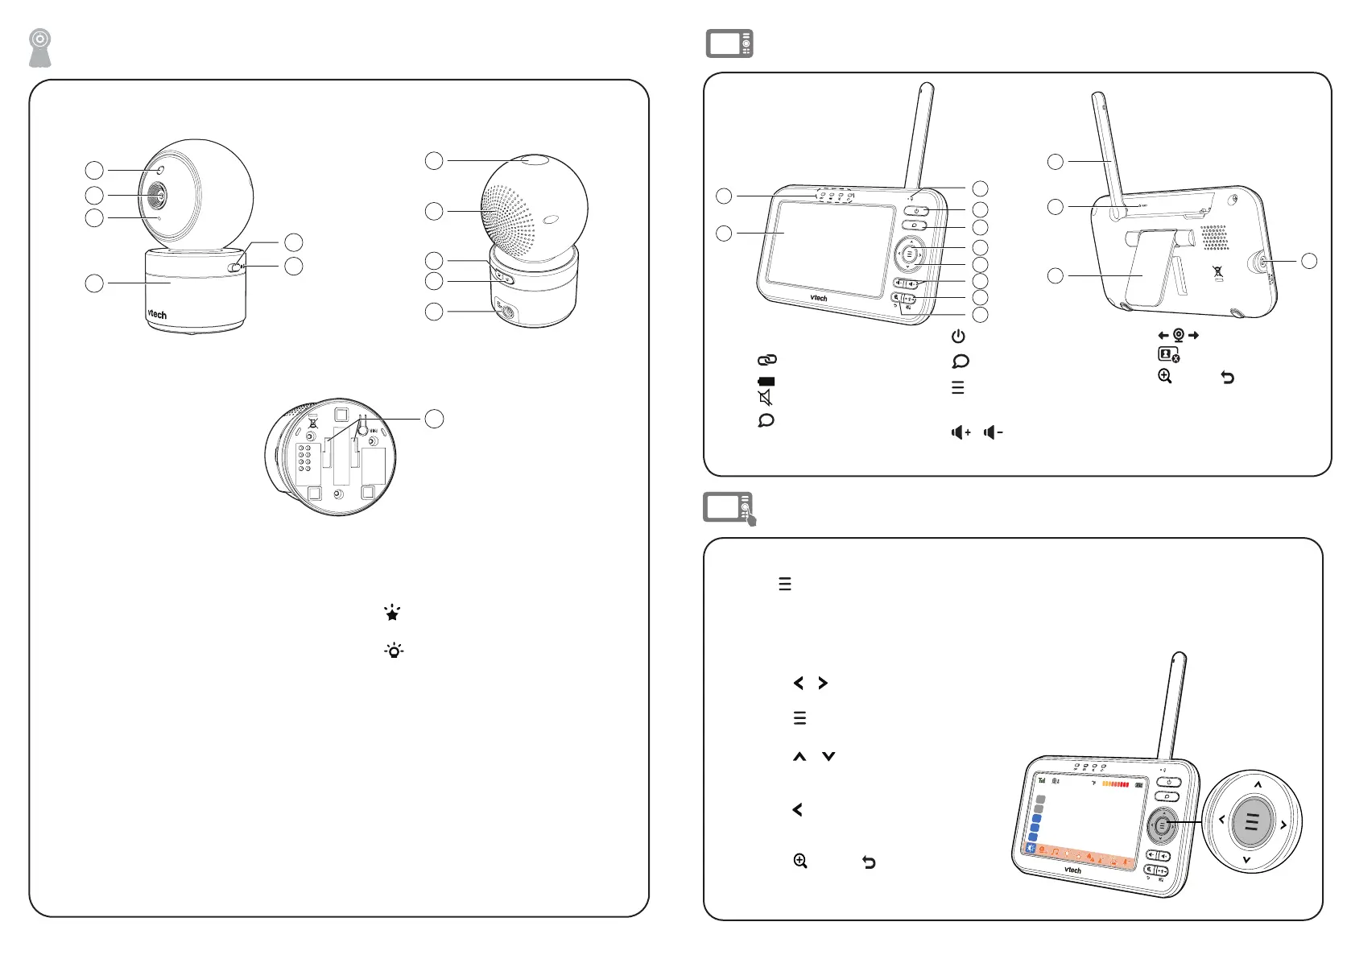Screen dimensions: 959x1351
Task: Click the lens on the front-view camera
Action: [x=157, y=196]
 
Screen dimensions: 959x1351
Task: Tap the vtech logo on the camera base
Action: [x=157, y=314]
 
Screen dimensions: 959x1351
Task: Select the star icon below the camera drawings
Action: [x=392, y=614]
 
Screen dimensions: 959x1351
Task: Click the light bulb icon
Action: [x=394, y=651]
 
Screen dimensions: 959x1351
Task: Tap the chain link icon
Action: [x=766, y=360]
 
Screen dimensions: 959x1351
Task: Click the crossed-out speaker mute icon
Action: [x=766, y=398]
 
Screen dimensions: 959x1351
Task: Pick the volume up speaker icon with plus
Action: [x=961, y=432]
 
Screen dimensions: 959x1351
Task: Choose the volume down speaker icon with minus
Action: [x=994, y=432]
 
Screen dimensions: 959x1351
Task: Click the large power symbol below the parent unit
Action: [x=958, y=337]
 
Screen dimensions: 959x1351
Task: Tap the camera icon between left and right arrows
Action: [x=1179, y=335]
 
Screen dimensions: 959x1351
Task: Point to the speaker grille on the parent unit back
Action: [x=1214, y=238]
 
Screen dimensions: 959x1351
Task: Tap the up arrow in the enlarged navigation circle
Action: [x=1258, y=784]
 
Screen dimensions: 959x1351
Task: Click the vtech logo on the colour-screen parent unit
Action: [x=1072, y=870]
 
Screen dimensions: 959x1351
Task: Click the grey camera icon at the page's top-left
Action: [x=40, y=48]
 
